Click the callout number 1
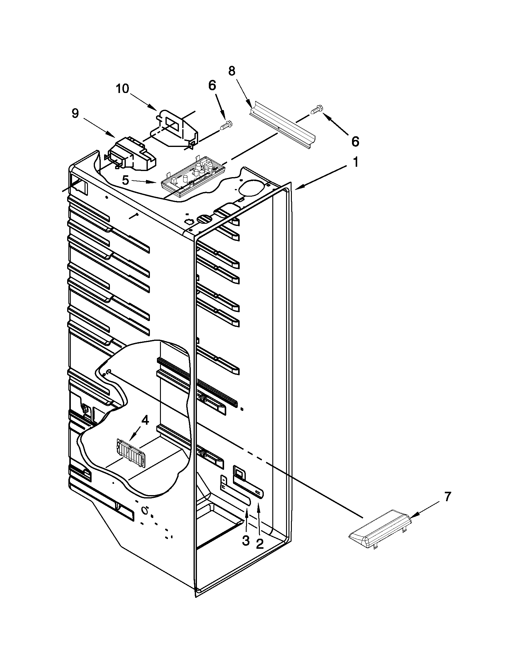pyautogui.click(x=355, y=162)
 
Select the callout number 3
pyautogui.click(x=246, y=541)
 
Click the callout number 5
pyautogui.click(x=125, y=180)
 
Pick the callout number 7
pyautogui.click(x=447, y=497)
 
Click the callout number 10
pyautogui.click(x=122, y=89)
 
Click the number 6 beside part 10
pyautogui.click(x=212, y=86)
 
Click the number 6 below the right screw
pyautogui.click(x=355, y=142)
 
